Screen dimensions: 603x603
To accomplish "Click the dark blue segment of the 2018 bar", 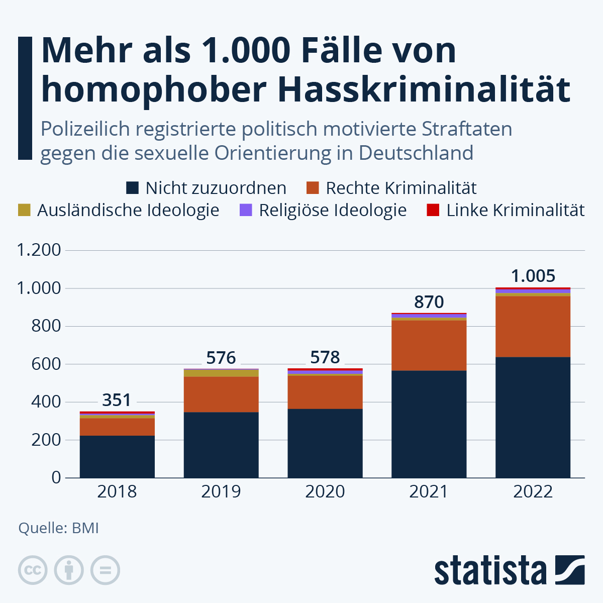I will point(117,456).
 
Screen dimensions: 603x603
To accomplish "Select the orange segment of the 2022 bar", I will point(533,327).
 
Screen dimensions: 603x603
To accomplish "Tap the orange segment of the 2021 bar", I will point(429,345).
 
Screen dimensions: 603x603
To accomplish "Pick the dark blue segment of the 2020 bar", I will point(325,443).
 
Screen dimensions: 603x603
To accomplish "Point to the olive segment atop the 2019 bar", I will point(221,373).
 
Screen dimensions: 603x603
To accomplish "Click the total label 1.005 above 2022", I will point(533,276).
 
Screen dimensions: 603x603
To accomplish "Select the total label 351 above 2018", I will point(117,400).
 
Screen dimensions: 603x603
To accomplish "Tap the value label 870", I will point(429,302).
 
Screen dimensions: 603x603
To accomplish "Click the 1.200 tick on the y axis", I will point(39,250).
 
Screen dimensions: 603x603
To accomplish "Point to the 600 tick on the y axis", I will point(46,364).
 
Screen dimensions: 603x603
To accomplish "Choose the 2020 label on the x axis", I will point(325,491).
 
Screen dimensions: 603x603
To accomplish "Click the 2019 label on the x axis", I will point(221,491).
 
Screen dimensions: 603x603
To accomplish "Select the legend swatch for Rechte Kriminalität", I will point(313,188).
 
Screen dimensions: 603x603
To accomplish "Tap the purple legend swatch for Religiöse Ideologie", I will point(246,210).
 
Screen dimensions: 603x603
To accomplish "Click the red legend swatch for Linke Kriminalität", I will point(433,210).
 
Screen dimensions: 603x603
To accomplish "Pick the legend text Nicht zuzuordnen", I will point(216,188).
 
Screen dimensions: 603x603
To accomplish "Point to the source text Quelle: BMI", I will point(58,528).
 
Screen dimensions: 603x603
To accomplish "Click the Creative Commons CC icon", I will point(33,570).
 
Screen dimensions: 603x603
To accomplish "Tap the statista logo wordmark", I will point(490,570).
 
